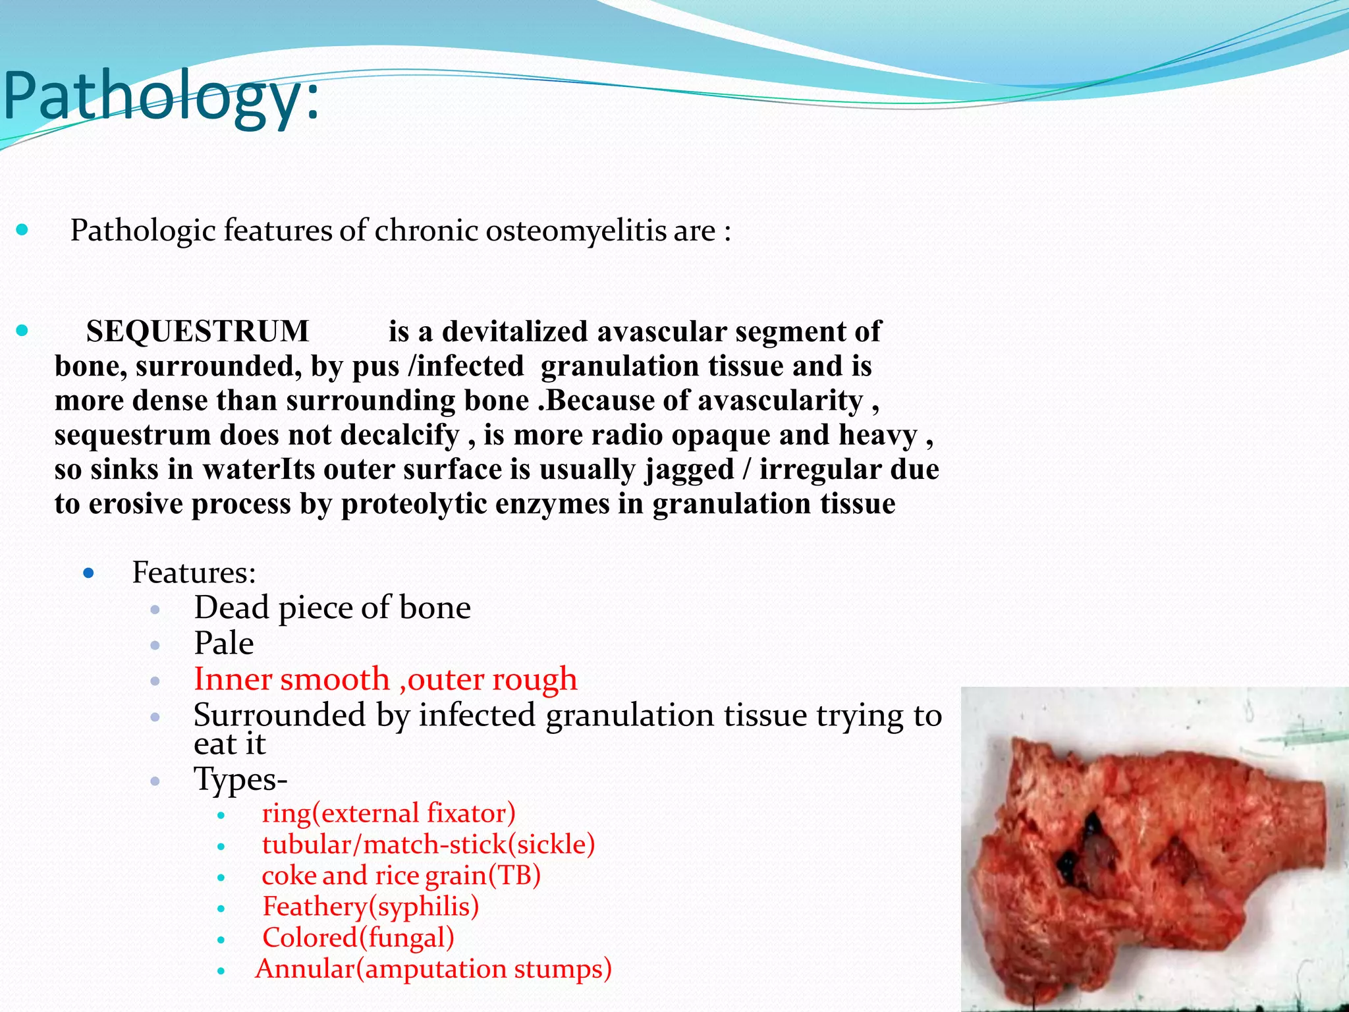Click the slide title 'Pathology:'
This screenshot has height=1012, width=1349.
161,98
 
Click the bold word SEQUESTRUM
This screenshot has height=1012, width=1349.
197,331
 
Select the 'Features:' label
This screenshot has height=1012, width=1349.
194,572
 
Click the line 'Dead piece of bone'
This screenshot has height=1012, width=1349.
332,607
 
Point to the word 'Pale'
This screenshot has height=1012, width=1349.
223,643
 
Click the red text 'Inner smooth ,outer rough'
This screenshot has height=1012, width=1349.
385,679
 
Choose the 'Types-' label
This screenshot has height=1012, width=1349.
240,779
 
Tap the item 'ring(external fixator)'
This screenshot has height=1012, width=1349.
388,813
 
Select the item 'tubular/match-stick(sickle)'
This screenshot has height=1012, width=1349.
428,845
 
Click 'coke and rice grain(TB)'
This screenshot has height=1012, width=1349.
401,876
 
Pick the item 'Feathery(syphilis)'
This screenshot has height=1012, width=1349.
370,907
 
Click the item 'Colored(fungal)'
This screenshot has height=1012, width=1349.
358,938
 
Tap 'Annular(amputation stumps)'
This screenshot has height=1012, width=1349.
433,969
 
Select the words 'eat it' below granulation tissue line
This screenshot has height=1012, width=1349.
229,745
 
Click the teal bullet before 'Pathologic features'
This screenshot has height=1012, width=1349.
22,230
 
